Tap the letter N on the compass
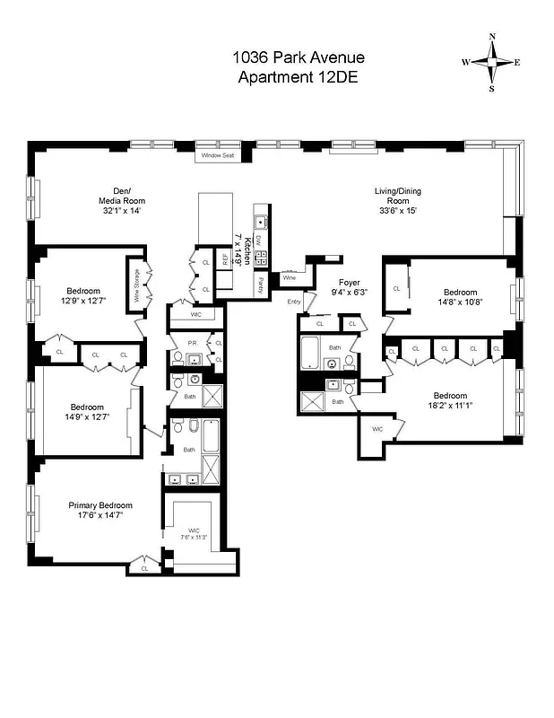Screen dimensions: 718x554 click(491, 37)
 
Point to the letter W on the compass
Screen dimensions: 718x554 click(465, 63)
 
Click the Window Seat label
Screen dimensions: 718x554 click(217, 155)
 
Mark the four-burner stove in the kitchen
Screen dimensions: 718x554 click(262, 258)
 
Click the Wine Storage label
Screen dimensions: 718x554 click(137, 285)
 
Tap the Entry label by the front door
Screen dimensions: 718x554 click(295, 302)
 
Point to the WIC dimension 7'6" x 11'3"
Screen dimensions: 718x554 click(195, 538)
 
